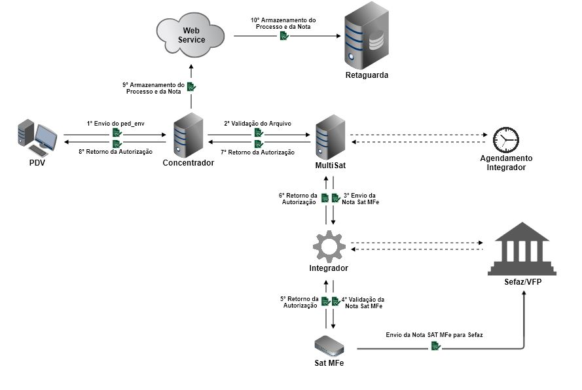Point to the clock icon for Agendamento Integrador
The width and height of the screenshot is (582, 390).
pos(505,139)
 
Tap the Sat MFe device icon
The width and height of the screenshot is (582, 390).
pos(329,344)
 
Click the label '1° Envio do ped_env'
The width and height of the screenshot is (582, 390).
pos(115,123)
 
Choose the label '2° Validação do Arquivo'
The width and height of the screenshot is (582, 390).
pos(257,123)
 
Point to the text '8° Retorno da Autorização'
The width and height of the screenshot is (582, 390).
pos(115,152)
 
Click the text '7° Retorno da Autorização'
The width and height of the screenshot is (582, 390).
pos(257,152)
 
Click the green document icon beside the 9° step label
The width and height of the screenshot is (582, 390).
pos(191,87)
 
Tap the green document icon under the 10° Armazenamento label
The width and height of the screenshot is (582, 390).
pos(283,36)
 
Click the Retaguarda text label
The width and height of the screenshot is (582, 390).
pos(367,75)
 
